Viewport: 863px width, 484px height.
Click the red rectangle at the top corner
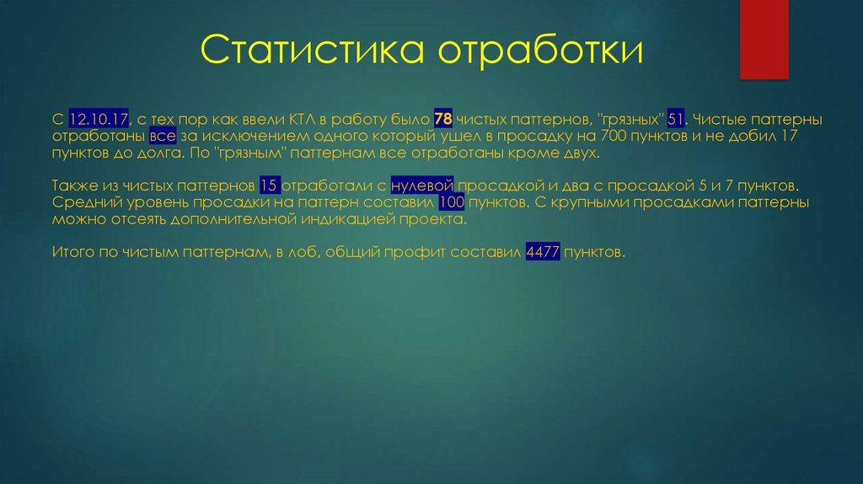click(x=763, y=39)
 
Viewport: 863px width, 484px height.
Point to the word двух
click(x=582, y=154)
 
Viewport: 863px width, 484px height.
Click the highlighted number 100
click(x=452, y=202)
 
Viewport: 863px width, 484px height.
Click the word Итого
click(x=72, y=252)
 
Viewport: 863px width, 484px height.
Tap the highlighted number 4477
click(x=543, y=252)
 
